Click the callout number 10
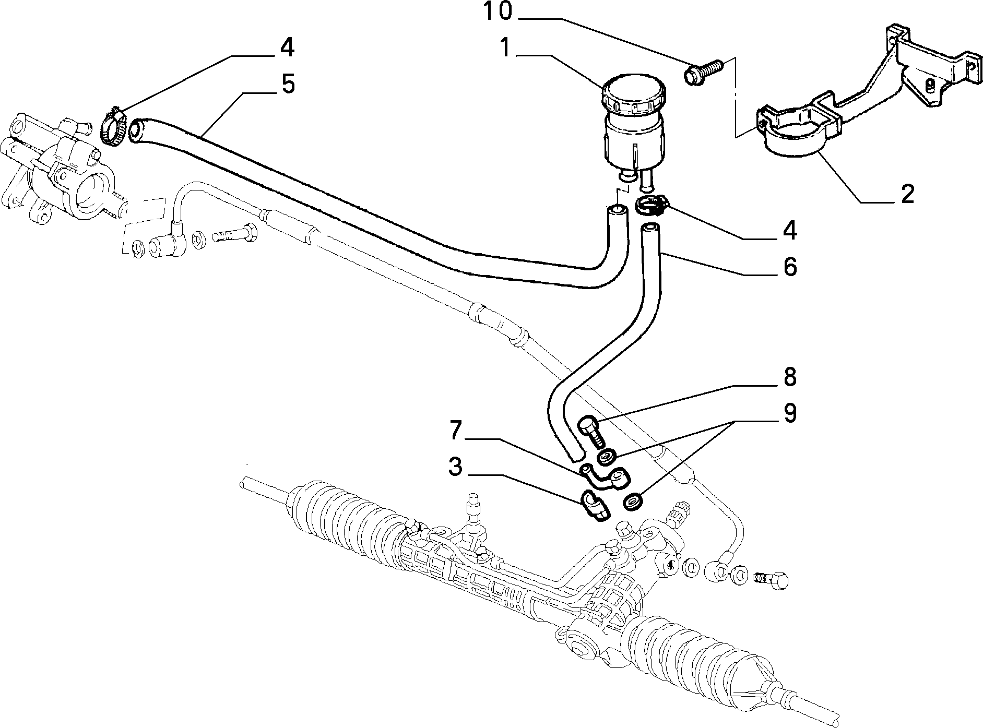[498, 12]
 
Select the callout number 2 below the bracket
[907, 195]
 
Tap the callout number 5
[287, 84]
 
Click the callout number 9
[789, 413]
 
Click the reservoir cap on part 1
[635, 94]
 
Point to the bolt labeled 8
[591, 431]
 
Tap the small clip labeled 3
[594, 505]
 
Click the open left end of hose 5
[137, 130]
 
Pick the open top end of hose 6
[649, 228]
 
